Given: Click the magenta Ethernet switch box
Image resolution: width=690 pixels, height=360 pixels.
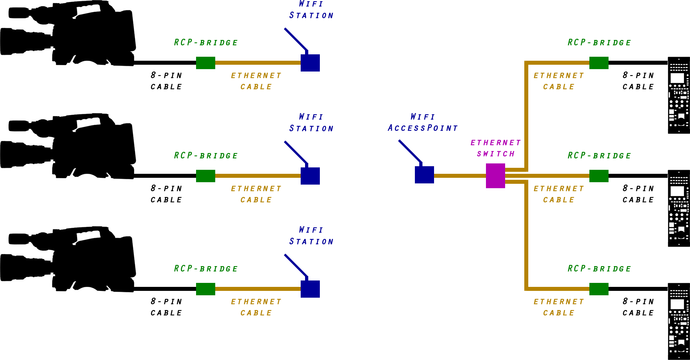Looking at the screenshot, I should pyautogui.click(x=496, y=176).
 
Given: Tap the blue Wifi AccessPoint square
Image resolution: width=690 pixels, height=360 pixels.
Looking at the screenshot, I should pyautogui.click(x=424, y=175).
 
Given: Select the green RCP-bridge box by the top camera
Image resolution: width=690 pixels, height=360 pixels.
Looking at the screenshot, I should pyautogui.click(x=206, y=63).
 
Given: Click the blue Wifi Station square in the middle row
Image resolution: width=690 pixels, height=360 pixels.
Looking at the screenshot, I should pyautogui.click(x=310, y=176).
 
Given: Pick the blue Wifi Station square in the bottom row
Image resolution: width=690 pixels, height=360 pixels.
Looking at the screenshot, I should pyautogui.click(x=310, y=289).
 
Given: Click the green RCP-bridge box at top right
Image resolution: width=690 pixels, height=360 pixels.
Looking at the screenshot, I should pyautogui.click(x=599, y=63).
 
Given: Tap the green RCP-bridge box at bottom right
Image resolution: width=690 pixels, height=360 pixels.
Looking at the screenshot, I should pyautogui.click(x=599, y=289).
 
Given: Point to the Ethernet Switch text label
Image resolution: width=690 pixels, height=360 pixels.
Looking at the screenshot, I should pyautogui.click(x=496, y=148).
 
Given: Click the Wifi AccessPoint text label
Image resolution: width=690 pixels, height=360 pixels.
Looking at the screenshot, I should pyautogui.click(x=422, y=123).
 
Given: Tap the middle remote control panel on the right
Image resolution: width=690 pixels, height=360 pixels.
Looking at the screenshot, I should pyautogui.click(x=679, y=208).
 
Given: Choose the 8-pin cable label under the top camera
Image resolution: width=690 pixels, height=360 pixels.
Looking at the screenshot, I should pyautogui.click(x=167, y=81).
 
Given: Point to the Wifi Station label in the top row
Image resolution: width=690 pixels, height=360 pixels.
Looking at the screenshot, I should pyautogui.click(x=311, y=10).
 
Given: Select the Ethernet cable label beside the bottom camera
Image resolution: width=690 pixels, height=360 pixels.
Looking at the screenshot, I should pyautogui.click(x=256, y=307).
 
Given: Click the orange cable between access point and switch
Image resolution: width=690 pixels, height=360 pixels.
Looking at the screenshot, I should pyautogui.click(x=459, y=176).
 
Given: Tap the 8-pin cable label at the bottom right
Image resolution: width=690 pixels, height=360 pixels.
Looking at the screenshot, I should pyautogui.click(x=638, y=307).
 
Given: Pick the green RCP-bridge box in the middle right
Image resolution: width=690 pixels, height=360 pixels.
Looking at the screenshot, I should pyautogui.click(x=599, y=176).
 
